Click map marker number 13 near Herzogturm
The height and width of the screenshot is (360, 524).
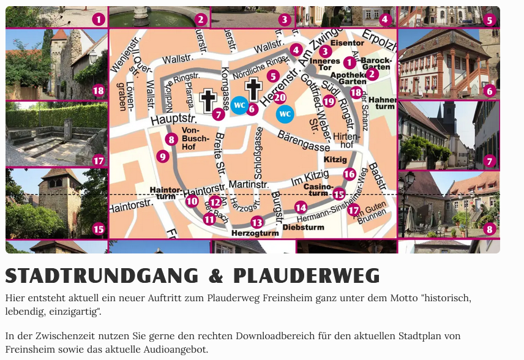coord(257,222)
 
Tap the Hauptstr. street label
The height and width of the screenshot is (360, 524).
coord(173,118)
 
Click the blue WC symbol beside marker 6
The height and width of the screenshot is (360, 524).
coord(239,105)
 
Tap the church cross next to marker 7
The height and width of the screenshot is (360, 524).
coord(209,100)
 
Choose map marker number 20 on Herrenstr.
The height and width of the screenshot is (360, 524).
coord(280,97)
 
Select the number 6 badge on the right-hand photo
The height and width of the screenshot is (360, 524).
coord(488,91)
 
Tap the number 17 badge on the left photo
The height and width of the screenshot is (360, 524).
coord(99,161)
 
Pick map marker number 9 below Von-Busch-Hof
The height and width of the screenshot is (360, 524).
coord(162,156)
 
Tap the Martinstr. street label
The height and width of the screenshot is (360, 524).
coord(249,184)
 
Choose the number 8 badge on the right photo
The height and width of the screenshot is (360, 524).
coord(488,230)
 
